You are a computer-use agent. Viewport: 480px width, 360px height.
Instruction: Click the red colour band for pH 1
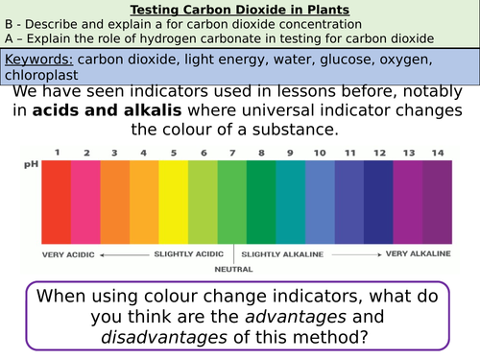[57, 202]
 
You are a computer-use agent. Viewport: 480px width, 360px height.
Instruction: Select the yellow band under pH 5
[174, 202]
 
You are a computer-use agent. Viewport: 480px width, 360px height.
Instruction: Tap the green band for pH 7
[232, 202]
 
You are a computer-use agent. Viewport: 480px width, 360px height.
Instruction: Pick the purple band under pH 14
[437, 202]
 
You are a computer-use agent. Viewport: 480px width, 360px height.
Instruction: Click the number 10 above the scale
[320, 153]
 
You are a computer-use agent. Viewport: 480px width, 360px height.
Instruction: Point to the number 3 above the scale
[115, 153]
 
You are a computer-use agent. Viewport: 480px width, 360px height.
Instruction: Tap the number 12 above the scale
[378, 153]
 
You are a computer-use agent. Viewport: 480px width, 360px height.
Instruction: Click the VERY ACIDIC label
[70, 255]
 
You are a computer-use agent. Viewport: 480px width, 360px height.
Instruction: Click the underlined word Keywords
[39, 59]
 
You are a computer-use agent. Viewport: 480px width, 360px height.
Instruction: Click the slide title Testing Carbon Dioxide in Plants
[240, 10]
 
